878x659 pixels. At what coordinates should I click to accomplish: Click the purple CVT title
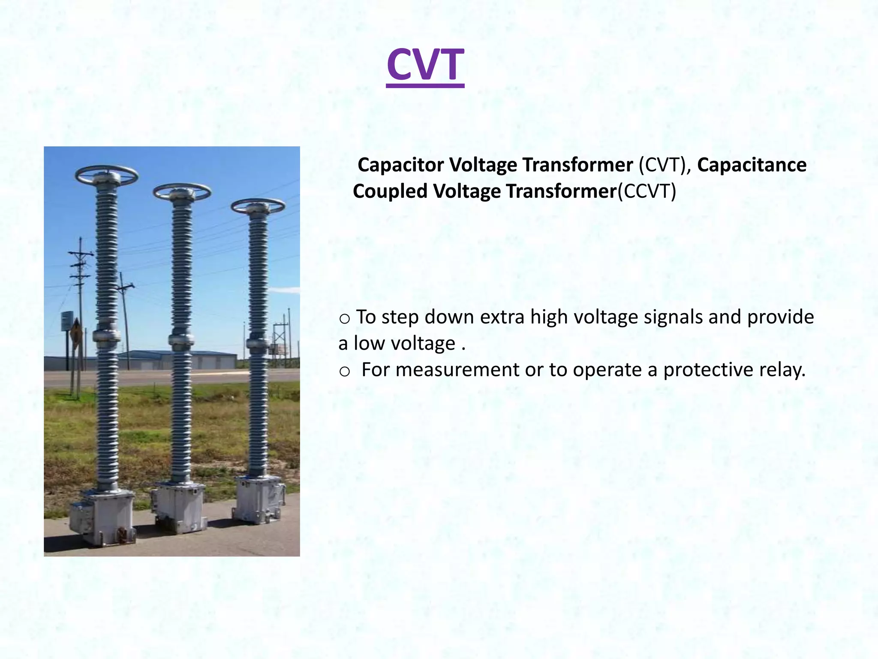pyautogui.click(x=425, y=66)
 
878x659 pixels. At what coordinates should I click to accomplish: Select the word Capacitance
pyautogui.click(x=752, y=165)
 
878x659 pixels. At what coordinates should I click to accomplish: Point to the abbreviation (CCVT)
pyautogui.click(x=646, y=191)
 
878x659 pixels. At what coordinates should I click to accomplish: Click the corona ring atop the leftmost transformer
pyautogui.click(x=106, y=175)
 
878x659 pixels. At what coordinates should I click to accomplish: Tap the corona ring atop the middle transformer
pyautogui.click(x=182, y=191)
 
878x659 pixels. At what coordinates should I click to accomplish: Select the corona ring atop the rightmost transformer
pyautogui.click(x=258, y=206)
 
